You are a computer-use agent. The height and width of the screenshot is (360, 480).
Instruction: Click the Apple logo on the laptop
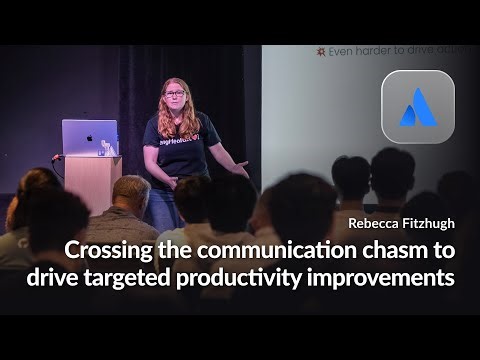(x=90, y=135)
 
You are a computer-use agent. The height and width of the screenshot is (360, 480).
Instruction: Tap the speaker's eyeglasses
(x=173, y=94)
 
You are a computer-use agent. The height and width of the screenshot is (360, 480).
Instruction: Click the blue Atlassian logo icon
(x=417, y=108)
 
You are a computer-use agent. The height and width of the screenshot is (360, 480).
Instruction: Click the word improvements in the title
(x=394, y=277)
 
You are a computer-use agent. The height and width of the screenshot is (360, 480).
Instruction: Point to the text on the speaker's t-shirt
(x=174, y=140)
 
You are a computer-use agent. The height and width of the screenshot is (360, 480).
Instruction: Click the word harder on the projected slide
(x=379, y=50)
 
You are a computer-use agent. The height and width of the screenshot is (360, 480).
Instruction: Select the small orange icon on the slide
(x=320, y=50)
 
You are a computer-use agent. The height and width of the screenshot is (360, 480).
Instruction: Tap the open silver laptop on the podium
(x=90, y=137)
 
